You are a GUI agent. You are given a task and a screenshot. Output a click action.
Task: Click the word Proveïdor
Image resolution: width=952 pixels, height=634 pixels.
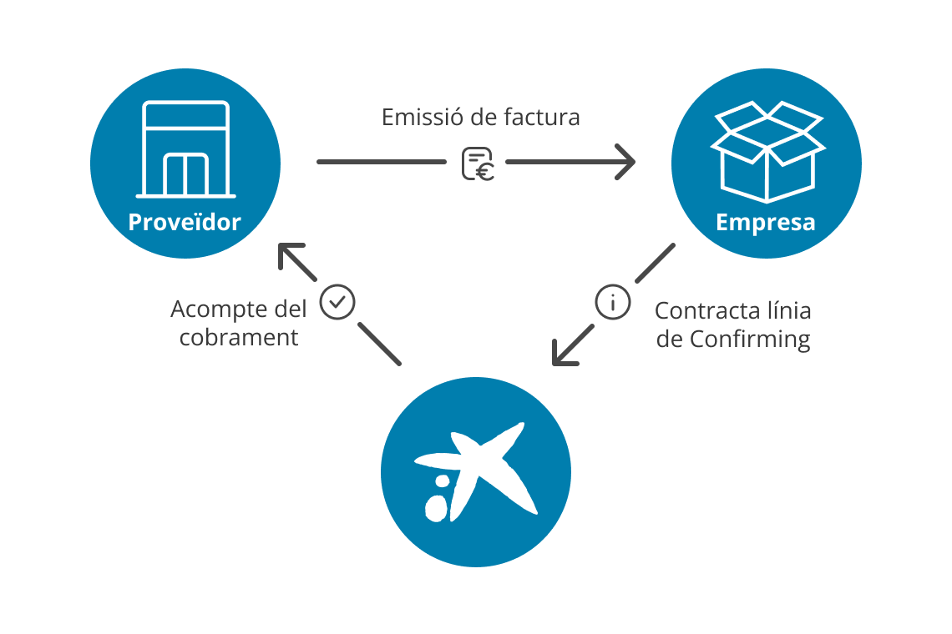point(184,223)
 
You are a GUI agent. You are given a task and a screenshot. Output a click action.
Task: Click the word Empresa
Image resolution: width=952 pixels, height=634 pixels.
point(766,224)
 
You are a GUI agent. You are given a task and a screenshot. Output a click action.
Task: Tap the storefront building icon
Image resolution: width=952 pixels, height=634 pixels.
point(185,149)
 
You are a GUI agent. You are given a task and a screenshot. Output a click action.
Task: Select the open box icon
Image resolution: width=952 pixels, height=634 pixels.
point(767,150)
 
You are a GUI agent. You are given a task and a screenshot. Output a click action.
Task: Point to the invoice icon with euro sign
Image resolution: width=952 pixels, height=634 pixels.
point(478,164)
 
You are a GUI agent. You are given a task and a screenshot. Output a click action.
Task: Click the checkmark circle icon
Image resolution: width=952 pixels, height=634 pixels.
point(337,303)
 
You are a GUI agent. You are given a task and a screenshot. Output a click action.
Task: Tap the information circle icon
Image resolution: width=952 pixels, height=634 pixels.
point(613,302)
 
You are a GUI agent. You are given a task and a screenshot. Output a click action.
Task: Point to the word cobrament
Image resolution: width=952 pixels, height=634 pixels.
point(239,338)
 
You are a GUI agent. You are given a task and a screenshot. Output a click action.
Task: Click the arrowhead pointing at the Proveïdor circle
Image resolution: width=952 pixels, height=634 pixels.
point(287,254)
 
